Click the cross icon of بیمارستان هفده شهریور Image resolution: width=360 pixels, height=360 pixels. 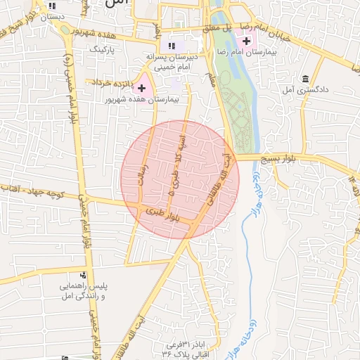143,89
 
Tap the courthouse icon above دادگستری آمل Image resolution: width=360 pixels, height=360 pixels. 304,79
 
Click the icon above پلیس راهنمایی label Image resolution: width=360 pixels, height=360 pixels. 84,275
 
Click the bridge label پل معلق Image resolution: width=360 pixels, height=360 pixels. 217,28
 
